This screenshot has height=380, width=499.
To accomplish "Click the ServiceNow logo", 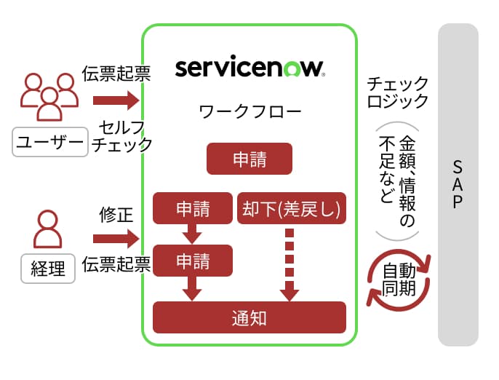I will click(x=249, y=68).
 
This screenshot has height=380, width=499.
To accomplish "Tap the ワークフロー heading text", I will click(x=249, y=111).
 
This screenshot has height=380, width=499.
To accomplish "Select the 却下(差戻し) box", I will click(x=291, y=209).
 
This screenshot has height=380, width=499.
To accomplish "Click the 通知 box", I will click(x=249, y=317).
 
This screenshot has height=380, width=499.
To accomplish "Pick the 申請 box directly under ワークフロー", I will click(x=249, y=159).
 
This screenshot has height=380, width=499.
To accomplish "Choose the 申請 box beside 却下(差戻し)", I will click(x=193, y=209).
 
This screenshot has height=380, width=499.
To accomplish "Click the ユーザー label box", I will click(x=49, y=141).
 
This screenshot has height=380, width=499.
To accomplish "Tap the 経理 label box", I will click(x=48, y=269).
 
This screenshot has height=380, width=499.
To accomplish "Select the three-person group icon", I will click(x=49, y=97).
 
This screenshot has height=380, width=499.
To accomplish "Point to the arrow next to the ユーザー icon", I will click(x=116, y=99).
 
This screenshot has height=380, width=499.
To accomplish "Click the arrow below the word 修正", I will click(x=116, y=237).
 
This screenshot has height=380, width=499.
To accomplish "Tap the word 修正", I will click(x=116, y=215).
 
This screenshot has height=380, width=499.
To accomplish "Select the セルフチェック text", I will click(x=122, y=135).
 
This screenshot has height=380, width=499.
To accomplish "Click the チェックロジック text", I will click(x=397, y=92).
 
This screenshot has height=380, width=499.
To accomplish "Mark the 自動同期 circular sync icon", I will click(x=399, y=280).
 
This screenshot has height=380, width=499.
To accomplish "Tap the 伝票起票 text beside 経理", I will click(x=116, y=263).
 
